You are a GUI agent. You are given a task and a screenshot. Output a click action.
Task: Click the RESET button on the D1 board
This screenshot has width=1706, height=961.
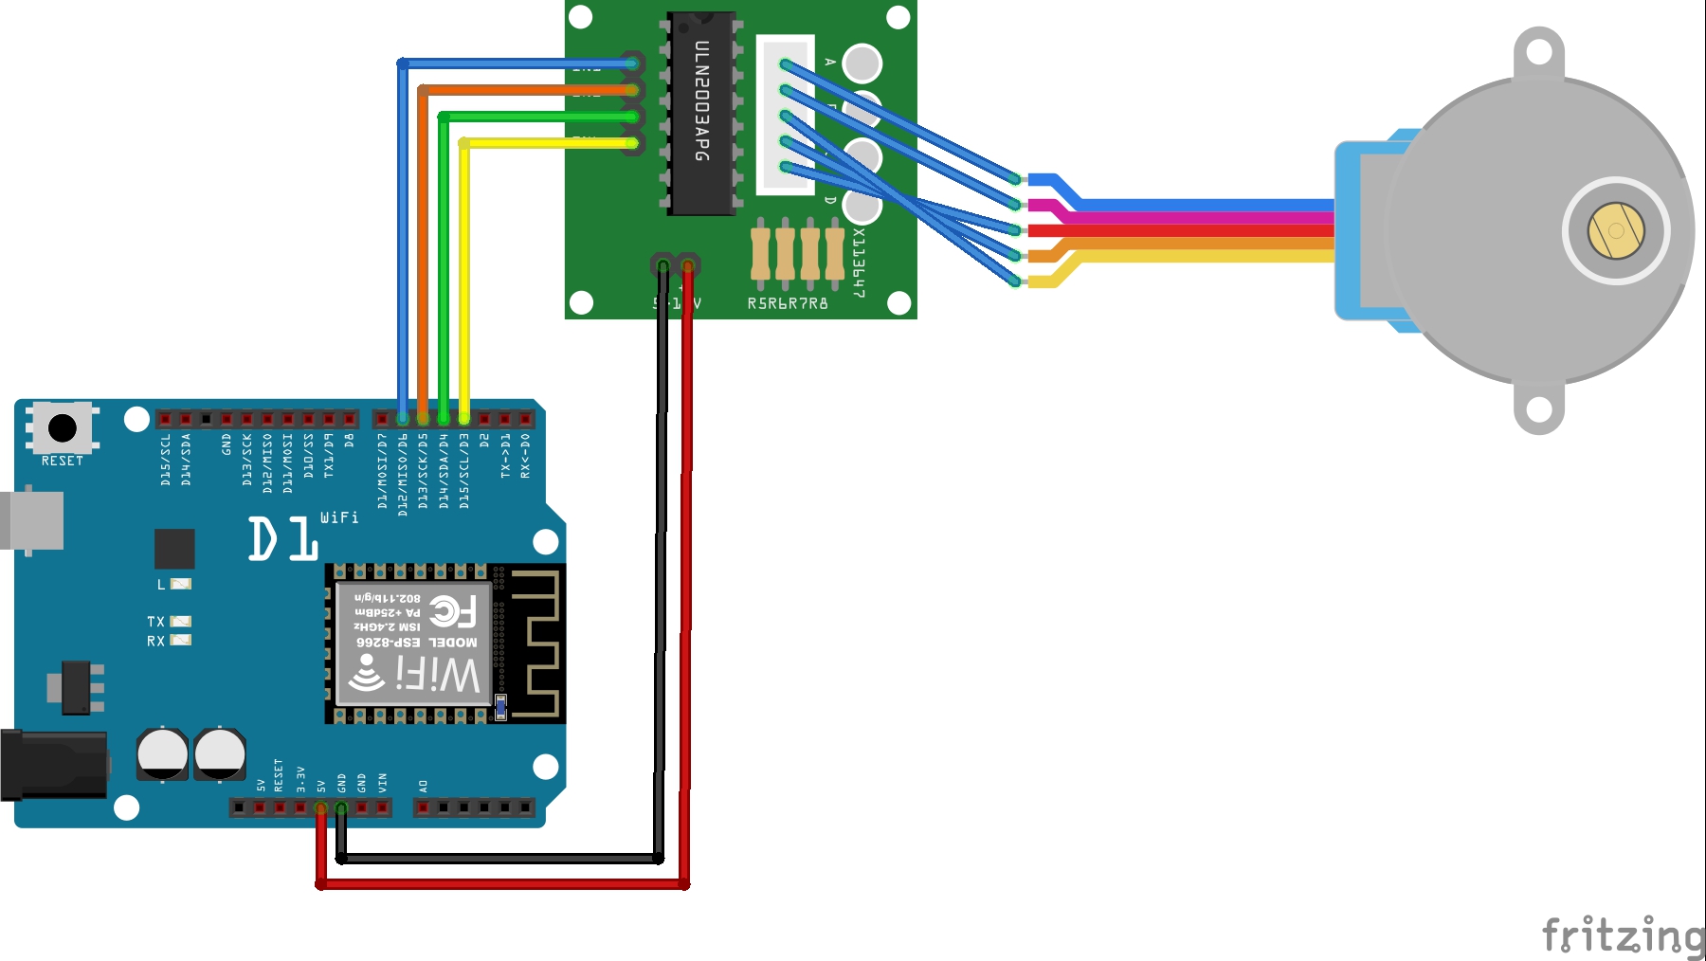63,428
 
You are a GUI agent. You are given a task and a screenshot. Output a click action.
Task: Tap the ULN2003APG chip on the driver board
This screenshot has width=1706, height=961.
702,113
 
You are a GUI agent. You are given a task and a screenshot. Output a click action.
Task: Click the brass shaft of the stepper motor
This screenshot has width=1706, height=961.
1616,230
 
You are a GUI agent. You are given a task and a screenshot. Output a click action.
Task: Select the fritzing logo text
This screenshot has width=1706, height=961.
1623,935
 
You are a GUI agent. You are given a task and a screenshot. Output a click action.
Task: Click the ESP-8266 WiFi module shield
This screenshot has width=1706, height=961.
414,644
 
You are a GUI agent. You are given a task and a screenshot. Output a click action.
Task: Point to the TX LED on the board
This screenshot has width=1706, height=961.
180,622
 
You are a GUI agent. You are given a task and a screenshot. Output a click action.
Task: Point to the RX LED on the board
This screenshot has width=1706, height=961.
180,641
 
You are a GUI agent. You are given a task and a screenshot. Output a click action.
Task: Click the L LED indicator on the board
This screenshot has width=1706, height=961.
180,584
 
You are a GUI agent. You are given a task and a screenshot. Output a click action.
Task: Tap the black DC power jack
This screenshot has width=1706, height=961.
53,764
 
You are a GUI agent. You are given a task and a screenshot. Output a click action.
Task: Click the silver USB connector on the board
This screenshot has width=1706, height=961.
32,520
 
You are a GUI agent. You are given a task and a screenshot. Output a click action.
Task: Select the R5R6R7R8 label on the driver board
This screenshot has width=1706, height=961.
788,303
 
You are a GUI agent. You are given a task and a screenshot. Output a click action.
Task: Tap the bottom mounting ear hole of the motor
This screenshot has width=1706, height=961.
1538,409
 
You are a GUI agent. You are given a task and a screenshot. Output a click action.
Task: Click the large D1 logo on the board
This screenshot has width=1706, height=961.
282,539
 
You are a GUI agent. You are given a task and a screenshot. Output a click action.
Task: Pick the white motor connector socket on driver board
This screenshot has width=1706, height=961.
785,115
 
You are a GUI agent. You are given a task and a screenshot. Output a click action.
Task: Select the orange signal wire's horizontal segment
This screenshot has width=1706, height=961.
521,90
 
